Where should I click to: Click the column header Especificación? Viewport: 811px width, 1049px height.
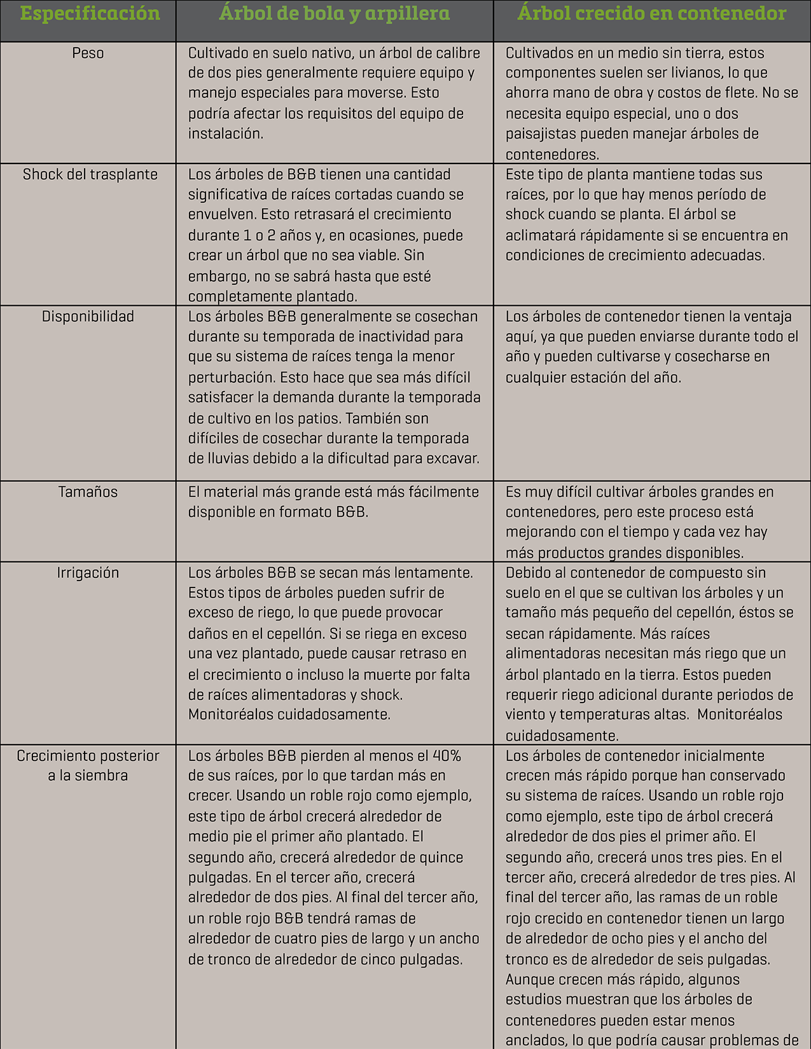point(89,14)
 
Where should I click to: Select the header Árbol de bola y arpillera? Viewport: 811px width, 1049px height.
point(335,14)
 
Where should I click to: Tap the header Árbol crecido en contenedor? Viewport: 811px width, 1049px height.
point(652,14)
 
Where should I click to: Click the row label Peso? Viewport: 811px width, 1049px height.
point(88,53)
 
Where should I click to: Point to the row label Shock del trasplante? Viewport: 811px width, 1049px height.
point(90,175)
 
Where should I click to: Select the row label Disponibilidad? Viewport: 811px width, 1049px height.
point(88,317)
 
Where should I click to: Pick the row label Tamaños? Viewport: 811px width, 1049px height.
point(88,492)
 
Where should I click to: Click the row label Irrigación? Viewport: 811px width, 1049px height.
point(88,573)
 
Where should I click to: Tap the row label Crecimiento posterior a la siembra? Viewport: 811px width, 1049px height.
point(88,765)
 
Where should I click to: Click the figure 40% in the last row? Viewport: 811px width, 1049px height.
point(447,756)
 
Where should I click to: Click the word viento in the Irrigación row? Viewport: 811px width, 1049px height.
point(525,715)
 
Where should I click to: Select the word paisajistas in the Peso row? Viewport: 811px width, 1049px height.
point(550,134)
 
